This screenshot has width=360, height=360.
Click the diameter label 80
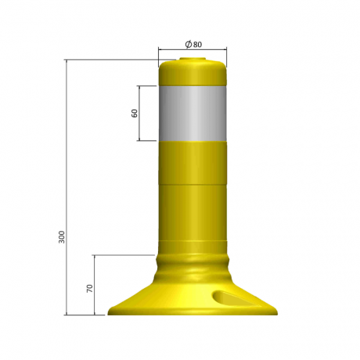[198, 45]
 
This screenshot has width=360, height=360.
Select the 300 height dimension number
[62, 236]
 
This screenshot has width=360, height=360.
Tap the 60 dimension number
[135, 113]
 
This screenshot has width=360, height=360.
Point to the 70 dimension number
[90, 289]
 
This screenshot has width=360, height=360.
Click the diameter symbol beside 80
[189, 45]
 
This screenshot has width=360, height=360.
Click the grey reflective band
[193, 113]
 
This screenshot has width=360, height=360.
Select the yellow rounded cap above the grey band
[193, 74]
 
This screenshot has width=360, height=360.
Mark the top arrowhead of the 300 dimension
[67, 62]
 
